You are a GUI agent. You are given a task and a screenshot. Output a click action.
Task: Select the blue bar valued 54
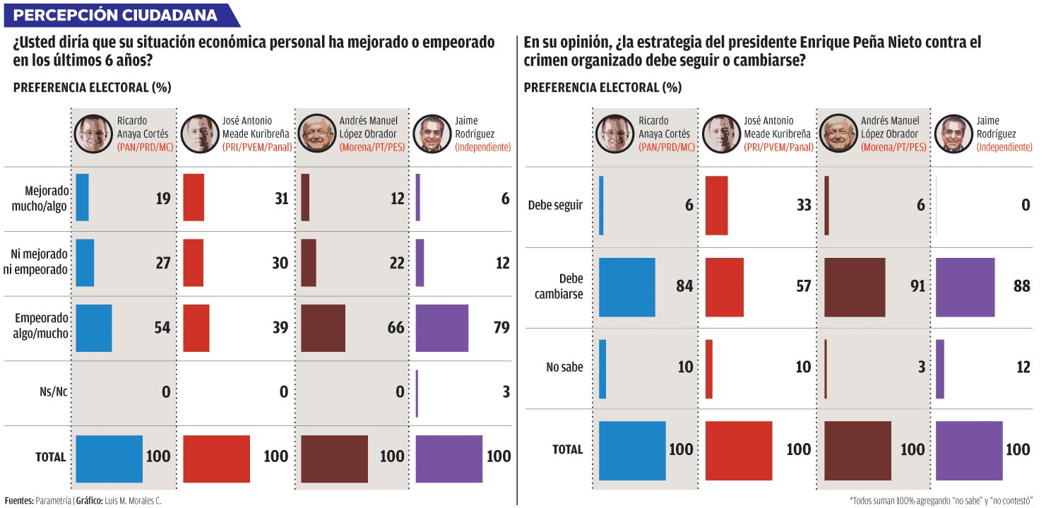pos(93,328)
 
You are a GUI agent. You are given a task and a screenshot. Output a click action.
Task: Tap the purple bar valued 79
pos(442,328)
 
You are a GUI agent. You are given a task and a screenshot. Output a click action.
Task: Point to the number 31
pos(281,199)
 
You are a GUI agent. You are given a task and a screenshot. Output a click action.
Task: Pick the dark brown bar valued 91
pos(855,288)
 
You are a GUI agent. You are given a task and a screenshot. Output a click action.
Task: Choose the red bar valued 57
pos(725,288)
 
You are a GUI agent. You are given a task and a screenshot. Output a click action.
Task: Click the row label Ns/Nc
pos(54,392)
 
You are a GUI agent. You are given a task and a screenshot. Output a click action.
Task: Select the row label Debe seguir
pos(555,206)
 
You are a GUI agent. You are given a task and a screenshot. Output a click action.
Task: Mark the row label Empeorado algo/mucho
pos(41,327)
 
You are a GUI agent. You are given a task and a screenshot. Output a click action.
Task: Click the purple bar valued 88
pos(965,288)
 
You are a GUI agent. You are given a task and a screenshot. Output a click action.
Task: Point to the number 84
pos(683,286)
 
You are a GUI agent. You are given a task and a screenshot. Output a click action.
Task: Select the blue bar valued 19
pos(82,198)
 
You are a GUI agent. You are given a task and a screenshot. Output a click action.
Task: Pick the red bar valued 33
pos(716,206)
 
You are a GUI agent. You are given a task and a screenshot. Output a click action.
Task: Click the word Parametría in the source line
pos(54,500)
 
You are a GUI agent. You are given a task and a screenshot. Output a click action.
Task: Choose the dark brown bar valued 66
pos(323,328)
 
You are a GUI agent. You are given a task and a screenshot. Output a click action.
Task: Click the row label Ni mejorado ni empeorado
pos(40,262)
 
